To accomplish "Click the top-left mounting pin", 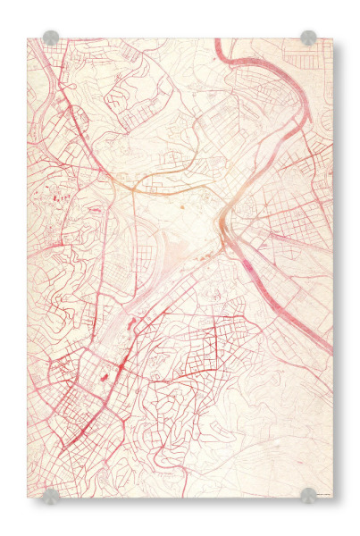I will click(51, 38).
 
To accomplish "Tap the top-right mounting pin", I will click(308, 38).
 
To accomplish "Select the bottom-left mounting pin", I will click(51, 496).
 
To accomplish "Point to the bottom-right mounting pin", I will click(308, 495).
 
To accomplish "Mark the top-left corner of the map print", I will click(28, 38).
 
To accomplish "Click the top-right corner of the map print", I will click(331, 38).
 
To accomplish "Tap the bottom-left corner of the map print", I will click(28, 498).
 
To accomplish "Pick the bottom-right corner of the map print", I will click(331, 498).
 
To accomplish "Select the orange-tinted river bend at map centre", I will click(222, 214).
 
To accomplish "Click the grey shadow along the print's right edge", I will click(336, 268).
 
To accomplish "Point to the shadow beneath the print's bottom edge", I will click(179, 501).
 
